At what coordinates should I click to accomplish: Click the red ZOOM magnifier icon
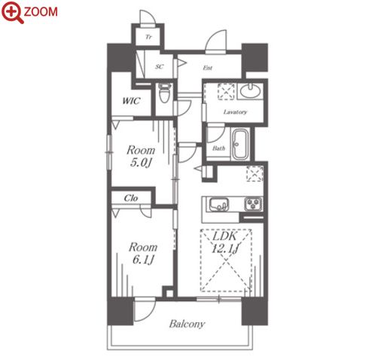pyautogui.click(x=13, y=12)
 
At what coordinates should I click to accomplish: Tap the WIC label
pyautogui.click(x=131, y=101)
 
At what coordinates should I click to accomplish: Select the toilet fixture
pyautogui.click(x=164, y=93)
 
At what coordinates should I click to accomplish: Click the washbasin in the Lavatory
pyautogui.click(x=250, y=90)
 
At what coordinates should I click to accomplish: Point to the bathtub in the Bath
pyautogui.click(x=240, y=145)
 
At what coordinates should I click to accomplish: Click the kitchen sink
pyautogui.click(x=219, y=205)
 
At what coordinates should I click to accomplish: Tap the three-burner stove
pyautogui.click(x=254, y=204)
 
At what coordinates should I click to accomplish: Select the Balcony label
pyautogui.click(x=187, y=324)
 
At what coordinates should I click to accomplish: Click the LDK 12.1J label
pyautogui.click(x=225, y=243)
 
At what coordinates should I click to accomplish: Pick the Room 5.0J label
pyautogui.click(x=141, y=157)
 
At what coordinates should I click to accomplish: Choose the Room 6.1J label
pyautogui.click(x=143, y=254)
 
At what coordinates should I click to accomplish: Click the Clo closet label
pyautogui.click(x=131, y=198)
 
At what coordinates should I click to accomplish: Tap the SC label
pyautogui.click(x=160, y=67)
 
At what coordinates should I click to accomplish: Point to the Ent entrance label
pyautogui.click(x=208, y=68)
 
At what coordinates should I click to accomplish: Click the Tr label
pyautogui.click(x=148, y=37)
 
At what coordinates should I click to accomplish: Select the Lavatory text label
pyautogui.click(x=235, y=111)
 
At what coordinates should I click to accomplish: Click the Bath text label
pyautogui.click(x=218, y=148)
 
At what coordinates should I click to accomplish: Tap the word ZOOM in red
pyautogui.click(x=41, y=12)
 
